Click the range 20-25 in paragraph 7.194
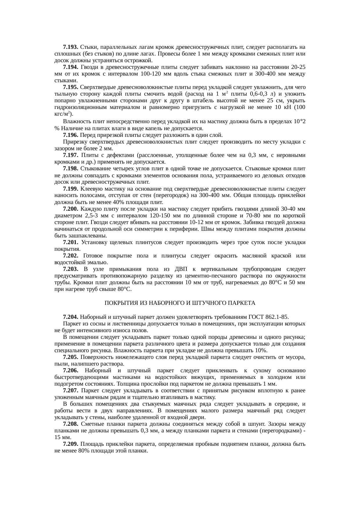298,67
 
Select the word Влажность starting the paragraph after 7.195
74,122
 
